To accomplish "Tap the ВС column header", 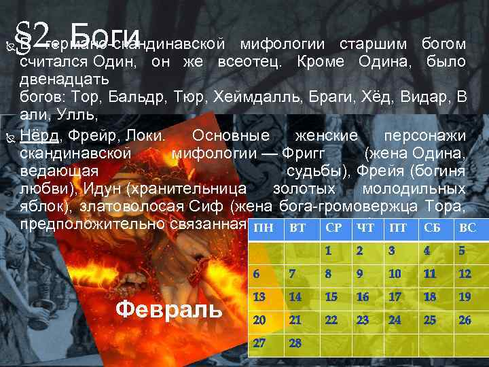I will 468,228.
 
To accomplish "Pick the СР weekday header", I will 333,228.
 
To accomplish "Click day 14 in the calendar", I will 295,297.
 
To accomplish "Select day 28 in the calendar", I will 295,343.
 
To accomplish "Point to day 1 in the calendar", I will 328,250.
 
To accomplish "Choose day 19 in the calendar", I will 465,297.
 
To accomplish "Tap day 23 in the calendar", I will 363,320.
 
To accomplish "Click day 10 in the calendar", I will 395,274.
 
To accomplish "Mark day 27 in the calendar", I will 259,343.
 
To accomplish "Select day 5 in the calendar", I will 462,250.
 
